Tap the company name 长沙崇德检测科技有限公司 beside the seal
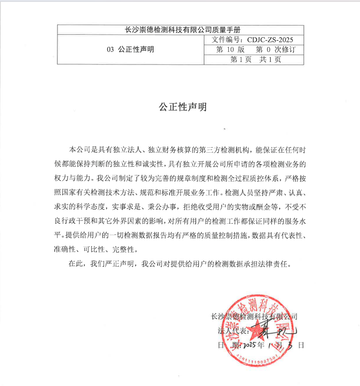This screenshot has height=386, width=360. click(x=254, y=316)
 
